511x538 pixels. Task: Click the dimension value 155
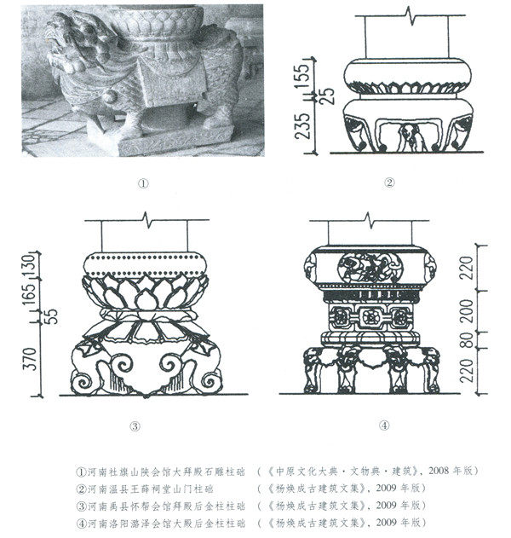tap(303, 77)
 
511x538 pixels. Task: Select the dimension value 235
tap(303, 125)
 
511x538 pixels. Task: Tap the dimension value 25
tap(328, 96)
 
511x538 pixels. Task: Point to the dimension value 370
tap(31, 359)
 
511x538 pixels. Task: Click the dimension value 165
tap(30, 292)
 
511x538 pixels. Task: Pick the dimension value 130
tap(30, 265)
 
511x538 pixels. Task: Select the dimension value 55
tap(52, 316)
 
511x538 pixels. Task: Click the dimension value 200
tap(467, 311)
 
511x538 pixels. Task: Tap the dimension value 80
tap(467, 340)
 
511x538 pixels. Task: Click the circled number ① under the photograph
tap(143, 184)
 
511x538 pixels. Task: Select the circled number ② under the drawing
tap(389, 182)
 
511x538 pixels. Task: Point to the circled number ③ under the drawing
tap(135, 426)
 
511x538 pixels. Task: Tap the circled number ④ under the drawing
tap(385, 425)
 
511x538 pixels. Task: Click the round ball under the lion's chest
tap(109, 96)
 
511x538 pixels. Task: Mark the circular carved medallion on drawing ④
tap(370, 268)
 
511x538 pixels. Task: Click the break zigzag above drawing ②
tap(411, 16)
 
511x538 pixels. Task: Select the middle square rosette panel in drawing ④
tap(369, 317)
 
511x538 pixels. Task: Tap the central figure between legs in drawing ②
tap(411, 137)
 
